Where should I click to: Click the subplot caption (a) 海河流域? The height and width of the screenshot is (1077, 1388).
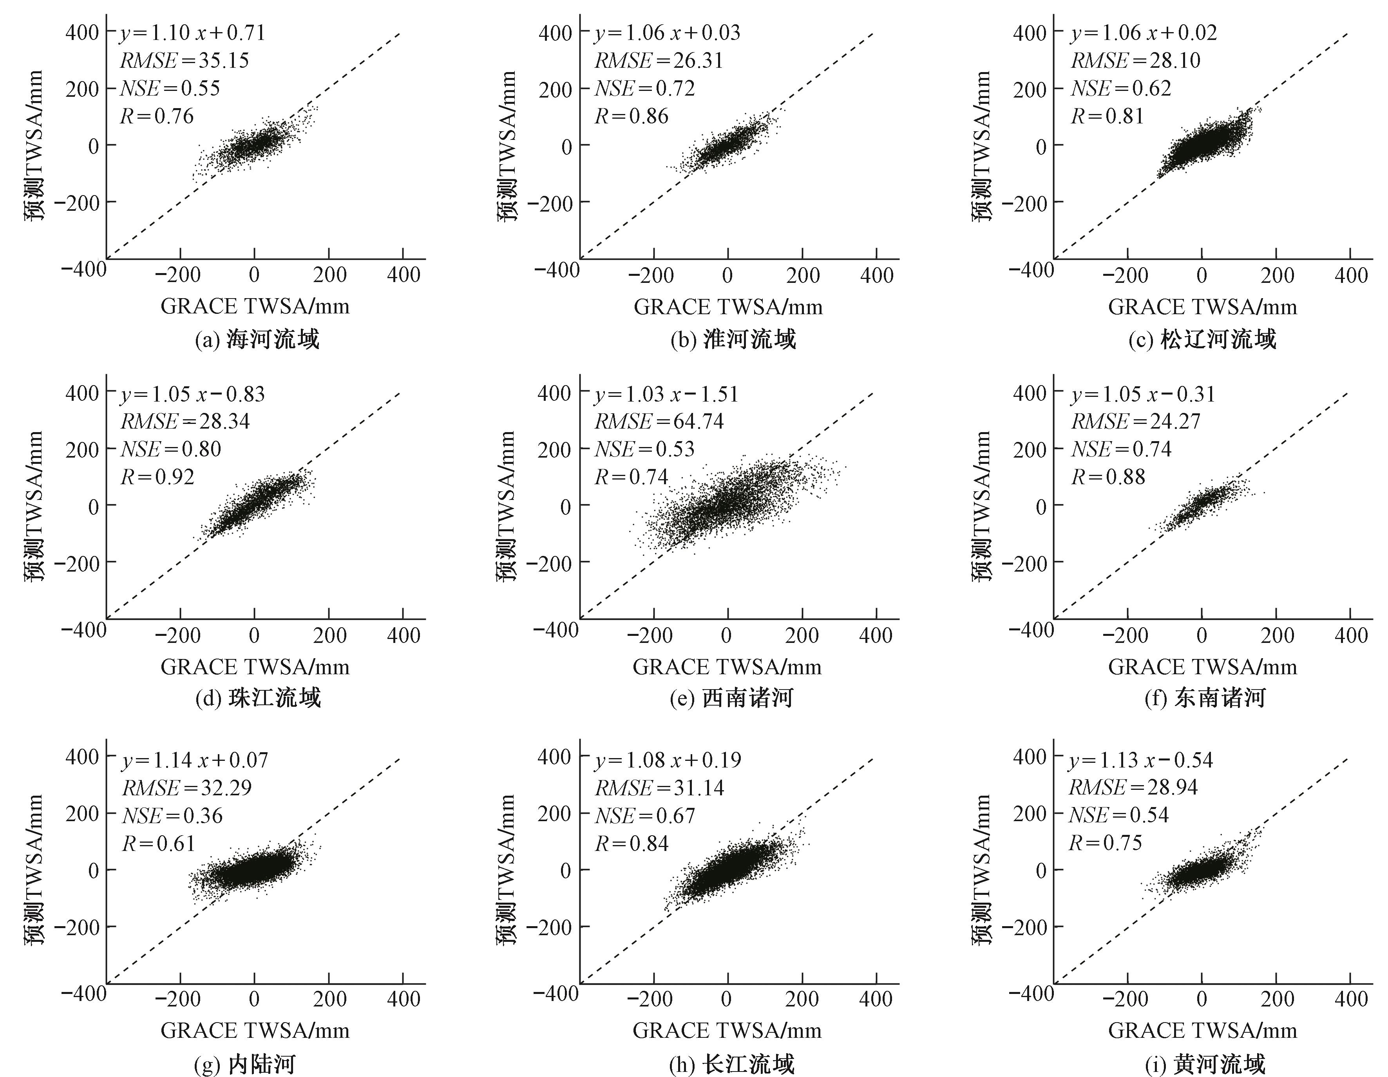point(256,340)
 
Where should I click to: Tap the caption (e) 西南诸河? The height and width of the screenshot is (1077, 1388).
point(731,698)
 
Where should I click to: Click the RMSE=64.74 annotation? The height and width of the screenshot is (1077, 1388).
point(659,421)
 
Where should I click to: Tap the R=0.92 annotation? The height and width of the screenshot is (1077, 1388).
point(157,476)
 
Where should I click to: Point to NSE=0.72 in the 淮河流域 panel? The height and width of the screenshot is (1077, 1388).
point(644,88)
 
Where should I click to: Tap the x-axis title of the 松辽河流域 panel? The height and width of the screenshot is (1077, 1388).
point(1202,307)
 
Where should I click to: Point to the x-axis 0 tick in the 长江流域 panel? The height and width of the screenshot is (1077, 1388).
point(726,999)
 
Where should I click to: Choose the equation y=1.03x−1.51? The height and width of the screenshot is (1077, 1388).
point(666,394)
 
